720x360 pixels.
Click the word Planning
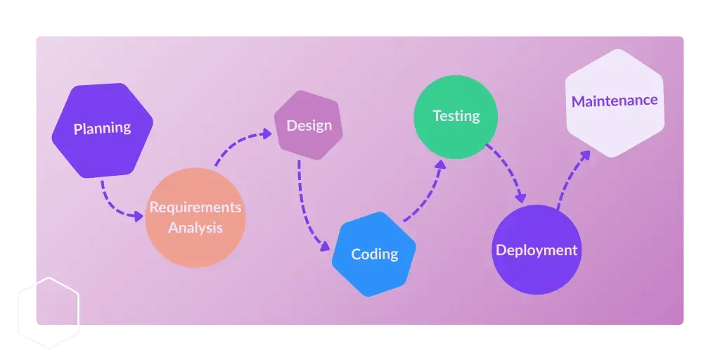pyautogui.click(x=102, y=128)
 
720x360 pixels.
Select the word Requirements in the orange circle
pyautogui.click(x=195, y=207)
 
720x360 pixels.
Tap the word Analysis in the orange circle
pyautogui.click(x=195, y=228)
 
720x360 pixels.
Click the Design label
pyautogui.click(x=309, y=126)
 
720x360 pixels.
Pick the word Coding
pyautogui.click(x=374, y=254)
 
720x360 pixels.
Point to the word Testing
pyautogui.click(x=456, y=115)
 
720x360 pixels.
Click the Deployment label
pyautogui.click(x=536, y=250)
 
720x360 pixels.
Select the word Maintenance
pyautogui.click(x=614, y=101)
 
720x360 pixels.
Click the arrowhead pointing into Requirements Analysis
pyautogui.click(x=139, y=216)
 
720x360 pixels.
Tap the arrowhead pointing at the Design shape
pyautogui.click(x=267, y=133)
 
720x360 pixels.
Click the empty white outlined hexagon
pyautogui.click(x=47, y=313)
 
